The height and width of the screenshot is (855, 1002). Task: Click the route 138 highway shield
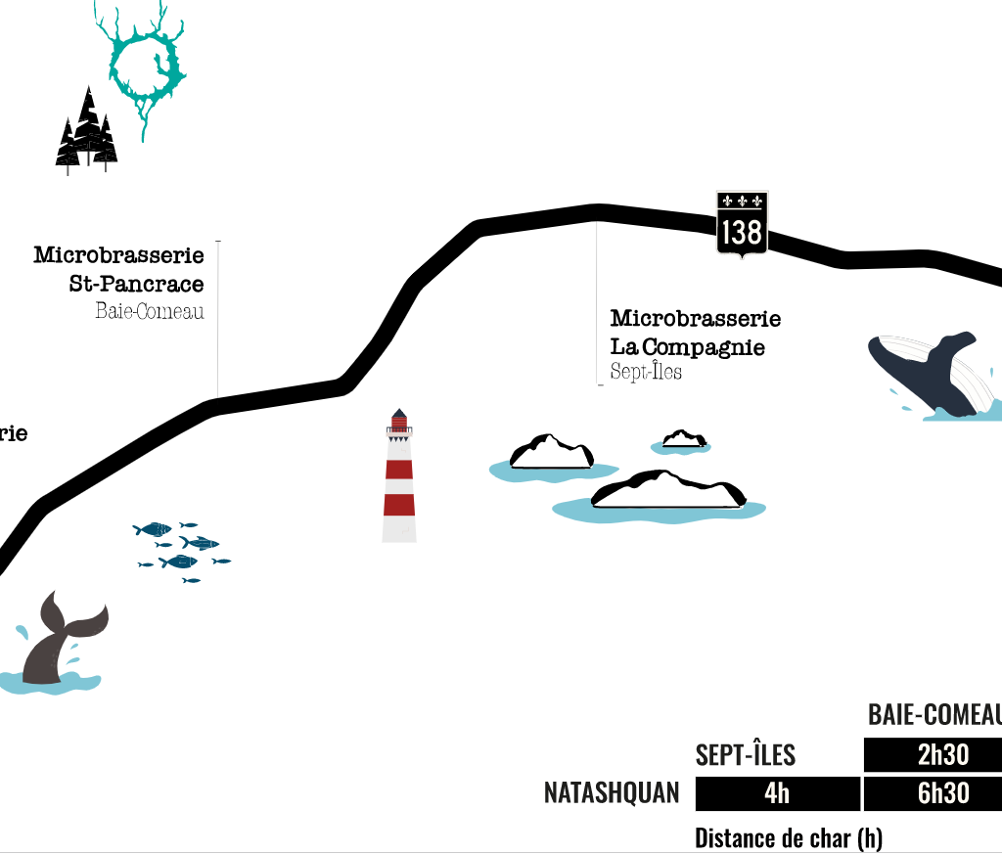click(x=742, y=224)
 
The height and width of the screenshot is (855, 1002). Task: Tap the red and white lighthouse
click(x=399, y=479)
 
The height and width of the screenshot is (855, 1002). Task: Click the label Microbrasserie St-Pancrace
click(x=119, y=269)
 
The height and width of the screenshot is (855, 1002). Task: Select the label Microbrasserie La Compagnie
click(x=695, y=333)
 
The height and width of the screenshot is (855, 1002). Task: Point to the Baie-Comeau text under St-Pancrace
click(x=150, y=312)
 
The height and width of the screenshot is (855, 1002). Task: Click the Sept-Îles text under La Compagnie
click(x=646, y=373)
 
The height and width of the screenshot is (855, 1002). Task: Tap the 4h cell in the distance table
click(x=777, y=793)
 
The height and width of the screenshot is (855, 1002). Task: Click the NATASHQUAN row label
click(x=612, y=793)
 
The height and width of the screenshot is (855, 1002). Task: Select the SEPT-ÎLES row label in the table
click(x=746, y=755)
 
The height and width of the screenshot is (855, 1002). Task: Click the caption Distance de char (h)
click(x=788, y=838)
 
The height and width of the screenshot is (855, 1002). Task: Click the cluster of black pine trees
click(x=87, y=132)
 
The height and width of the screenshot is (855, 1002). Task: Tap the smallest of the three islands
click(x=682, y=441)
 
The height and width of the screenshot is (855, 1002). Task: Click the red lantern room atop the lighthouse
click(x=399, y=422)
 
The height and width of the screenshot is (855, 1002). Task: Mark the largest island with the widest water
click(x=665, y=494)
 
